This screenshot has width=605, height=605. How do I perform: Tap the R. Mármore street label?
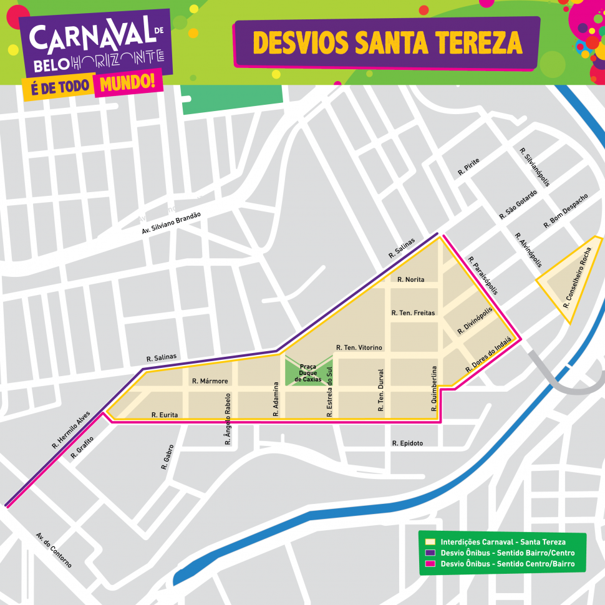pyautogui.click(x=210, y=381)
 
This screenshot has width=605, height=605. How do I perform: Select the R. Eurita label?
pyautogui.click(x=165, y=415)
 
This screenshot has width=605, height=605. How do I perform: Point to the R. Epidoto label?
pyautogui.click(x=407, y=443)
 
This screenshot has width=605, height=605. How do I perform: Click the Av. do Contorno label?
pyautogui.click(x=54, y=549)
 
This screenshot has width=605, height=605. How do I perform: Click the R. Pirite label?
pyautogui.click(x=468, y=167)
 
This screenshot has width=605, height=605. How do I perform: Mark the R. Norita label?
pyautogui.click(x=410, y=279)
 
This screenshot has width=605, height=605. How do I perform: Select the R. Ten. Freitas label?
pyautogui.click(x=413, y=312)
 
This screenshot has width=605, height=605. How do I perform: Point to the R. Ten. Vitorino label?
pyautogui.click(x=359, y=347)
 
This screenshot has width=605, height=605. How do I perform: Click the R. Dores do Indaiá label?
pyautogui.click(x=488, y=355)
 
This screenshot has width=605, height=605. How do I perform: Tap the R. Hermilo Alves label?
pyautogui.click(x=71, y=430)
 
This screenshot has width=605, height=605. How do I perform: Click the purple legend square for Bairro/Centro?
pyautogui.click(x=430, y=553)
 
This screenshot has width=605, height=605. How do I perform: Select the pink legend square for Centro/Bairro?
pyautogui.click(x=430, y=564)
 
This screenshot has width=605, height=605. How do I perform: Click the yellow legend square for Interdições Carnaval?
pyautogui.click(x=430, y=542)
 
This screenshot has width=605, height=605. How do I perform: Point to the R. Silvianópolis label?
pyautogui.click(x=534, y=167)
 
